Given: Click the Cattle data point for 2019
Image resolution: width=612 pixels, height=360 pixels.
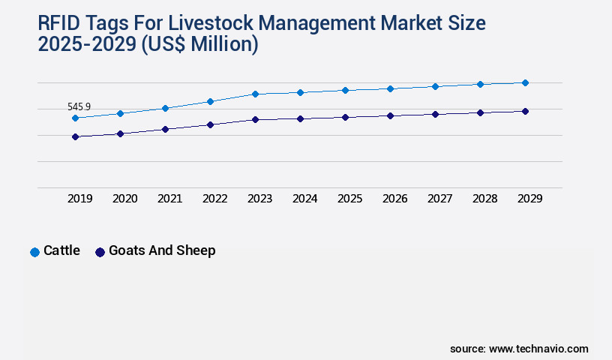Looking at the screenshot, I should (75, 118).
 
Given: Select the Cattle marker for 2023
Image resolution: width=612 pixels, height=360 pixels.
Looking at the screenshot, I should (255, 94).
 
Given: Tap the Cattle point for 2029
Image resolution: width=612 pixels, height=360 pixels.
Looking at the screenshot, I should (525, 82).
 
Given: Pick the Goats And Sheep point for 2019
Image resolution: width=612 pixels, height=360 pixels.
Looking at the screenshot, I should (75, 136).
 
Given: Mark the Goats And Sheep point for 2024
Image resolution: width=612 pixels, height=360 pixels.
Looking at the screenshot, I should (300, 118).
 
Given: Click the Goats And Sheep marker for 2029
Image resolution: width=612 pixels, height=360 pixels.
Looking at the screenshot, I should (525, 111).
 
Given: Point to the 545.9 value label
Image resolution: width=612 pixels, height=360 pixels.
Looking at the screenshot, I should (79, 107).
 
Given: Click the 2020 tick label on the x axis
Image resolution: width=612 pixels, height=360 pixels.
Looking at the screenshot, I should (124, 199).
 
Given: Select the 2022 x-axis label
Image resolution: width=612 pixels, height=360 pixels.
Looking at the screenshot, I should (214, 199).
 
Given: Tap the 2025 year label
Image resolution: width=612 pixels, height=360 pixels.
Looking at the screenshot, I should (349, 199).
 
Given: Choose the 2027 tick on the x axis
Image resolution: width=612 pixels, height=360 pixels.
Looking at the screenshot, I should (439, 199).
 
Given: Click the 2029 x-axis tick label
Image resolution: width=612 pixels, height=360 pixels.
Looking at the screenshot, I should (529, 199).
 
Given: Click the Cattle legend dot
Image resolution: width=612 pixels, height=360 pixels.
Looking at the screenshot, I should (34, 252).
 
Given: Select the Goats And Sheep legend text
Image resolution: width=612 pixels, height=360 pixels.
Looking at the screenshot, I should (162, 250).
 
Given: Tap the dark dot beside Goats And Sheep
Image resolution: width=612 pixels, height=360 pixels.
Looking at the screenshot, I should (100, 252).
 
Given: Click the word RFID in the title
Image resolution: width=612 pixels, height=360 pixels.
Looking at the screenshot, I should (59, 23).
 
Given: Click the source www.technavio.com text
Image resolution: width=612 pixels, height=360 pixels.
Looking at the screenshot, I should (519, 349).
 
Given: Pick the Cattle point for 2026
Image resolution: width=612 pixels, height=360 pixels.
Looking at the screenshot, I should (390, 88).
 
